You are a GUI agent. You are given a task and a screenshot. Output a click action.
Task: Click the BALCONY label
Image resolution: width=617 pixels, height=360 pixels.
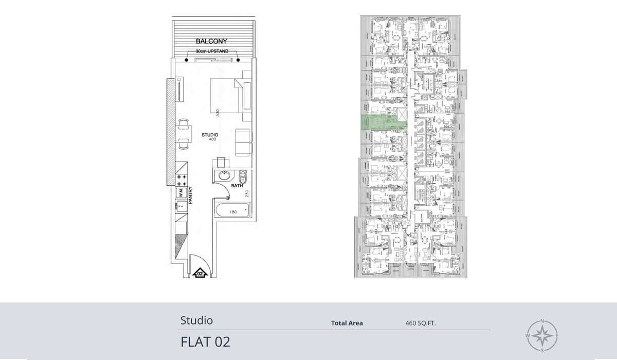click(211, 41)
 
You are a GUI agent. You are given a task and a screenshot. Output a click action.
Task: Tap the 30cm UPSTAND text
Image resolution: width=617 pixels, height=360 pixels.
click(212, 52)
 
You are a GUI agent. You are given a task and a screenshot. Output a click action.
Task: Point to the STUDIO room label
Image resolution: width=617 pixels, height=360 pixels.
click(210, 135)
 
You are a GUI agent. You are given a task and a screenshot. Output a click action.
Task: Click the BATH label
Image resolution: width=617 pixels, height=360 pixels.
click(237, 186)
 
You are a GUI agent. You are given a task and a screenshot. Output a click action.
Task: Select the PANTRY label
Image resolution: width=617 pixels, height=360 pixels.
click(190, 195)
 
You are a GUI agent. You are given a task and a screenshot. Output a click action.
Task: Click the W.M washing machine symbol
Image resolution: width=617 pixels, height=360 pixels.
click(181, 193)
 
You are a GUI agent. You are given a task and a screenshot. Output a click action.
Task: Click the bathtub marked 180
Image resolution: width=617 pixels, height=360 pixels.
click(233, 211)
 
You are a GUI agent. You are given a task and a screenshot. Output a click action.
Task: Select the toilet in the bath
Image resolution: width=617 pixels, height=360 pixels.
click(244, 178)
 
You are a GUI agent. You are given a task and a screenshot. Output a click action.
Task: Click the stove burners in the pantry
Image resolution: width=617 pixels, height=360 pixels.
click(182, 180)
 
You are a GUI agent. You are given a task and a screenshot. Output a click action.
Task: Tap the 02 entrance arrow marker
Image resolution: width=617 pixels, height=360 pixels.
click(200, 273)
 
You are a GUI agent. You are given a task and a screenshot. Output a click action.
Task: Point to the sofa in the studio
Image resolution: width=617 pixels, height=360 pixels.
click(244, 143)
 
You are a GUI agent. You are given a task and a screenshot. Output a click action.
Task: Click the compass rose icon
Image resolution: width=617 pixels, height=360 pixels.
click(542, 336)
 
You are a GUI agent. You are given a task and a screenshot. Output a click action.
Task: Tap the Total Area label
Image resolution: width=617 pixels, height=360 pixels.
click(347, 323)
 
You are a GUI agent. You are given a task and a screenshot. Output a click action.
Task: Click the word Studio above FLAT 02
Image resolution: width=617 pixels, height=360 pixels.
click(196, 320)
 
